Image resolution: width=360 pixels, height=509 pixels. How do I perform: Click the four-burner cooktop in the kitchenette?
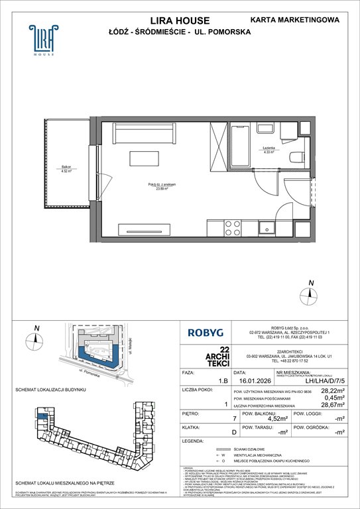coord(233,227)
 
